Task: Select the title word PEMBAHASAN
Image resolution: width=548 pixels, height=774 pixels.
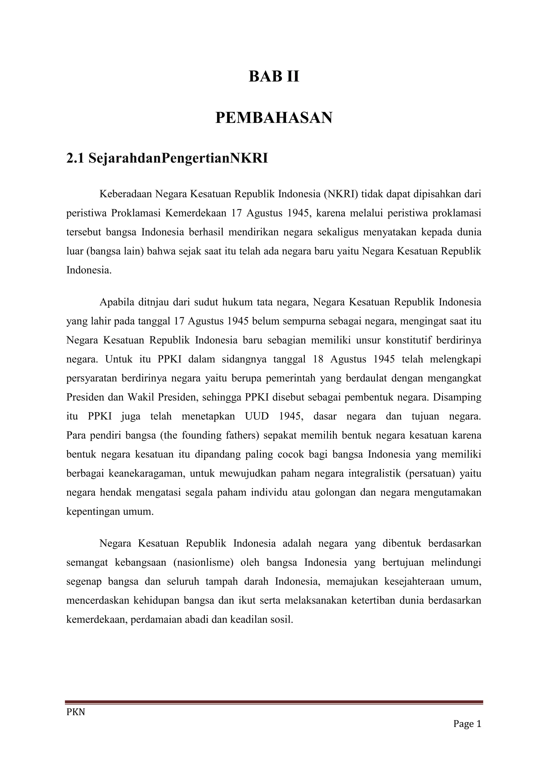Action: (x=274, y=118)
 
